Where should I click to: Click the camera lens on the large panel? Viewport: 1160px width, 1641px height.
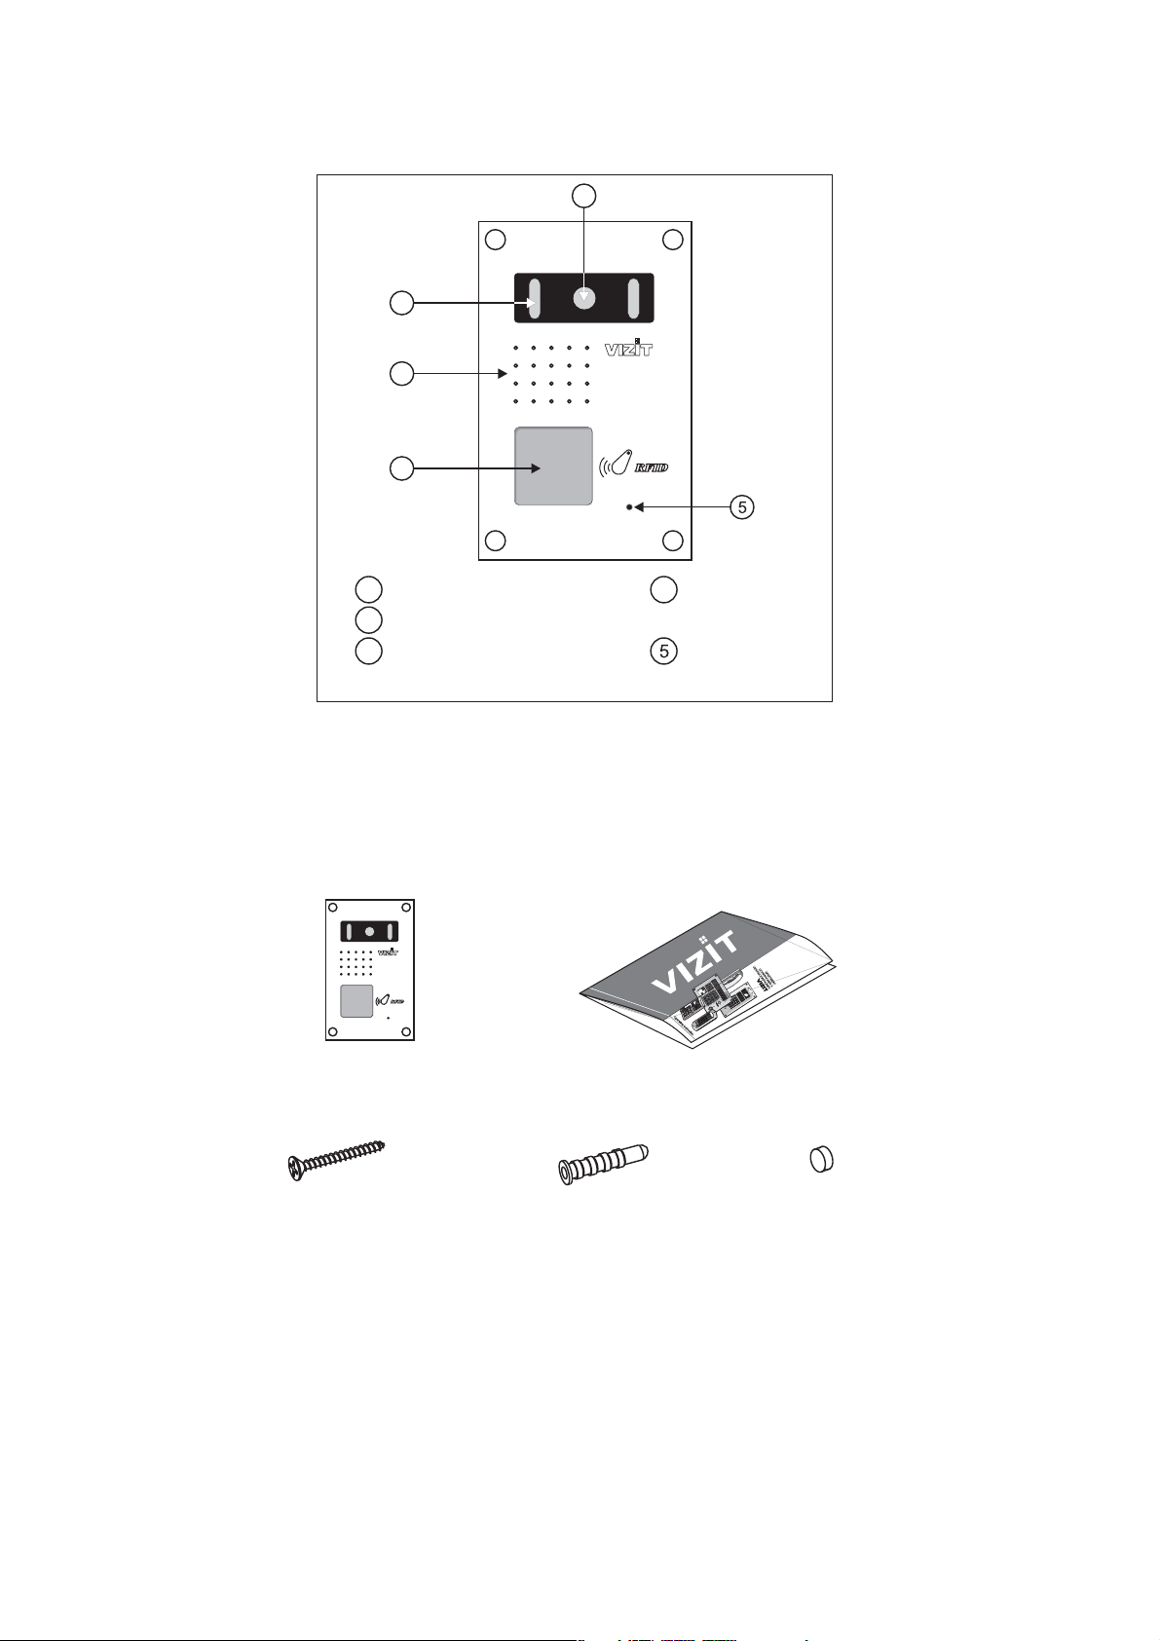(582, 298)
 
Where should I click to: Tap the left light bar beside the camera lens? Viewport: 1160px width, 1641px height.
(533, 297)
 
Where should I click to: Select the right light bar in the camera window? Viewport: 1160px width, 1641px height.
(632, 297)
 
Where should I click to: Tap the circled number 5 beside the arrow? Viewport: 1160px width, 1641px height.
(742, 507)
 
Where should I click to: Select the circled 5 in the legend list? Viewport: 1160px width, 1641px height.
(663, 652)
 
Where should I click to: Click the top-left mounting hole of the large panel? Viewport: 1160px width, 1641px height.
(495, 240)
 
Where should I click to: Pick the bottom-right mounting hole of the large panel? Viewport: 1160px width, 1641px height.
(672, 541)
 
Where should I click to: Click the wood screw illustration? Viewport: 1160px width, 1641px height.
(337, 1157)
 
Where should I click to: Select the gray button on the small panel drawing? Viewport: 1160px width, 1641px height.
(355, 1001)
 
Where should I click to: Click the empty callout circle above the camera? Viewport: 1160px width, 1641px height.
(582, 196)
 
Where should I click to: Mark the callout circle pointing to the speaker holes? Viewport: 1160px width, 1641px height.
(401, 373)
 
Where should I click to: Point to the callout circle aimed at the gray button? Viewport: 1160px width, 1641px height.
(401, 468)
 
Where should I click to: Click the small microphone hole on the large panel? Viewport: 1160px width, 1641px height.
(630, 507)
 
